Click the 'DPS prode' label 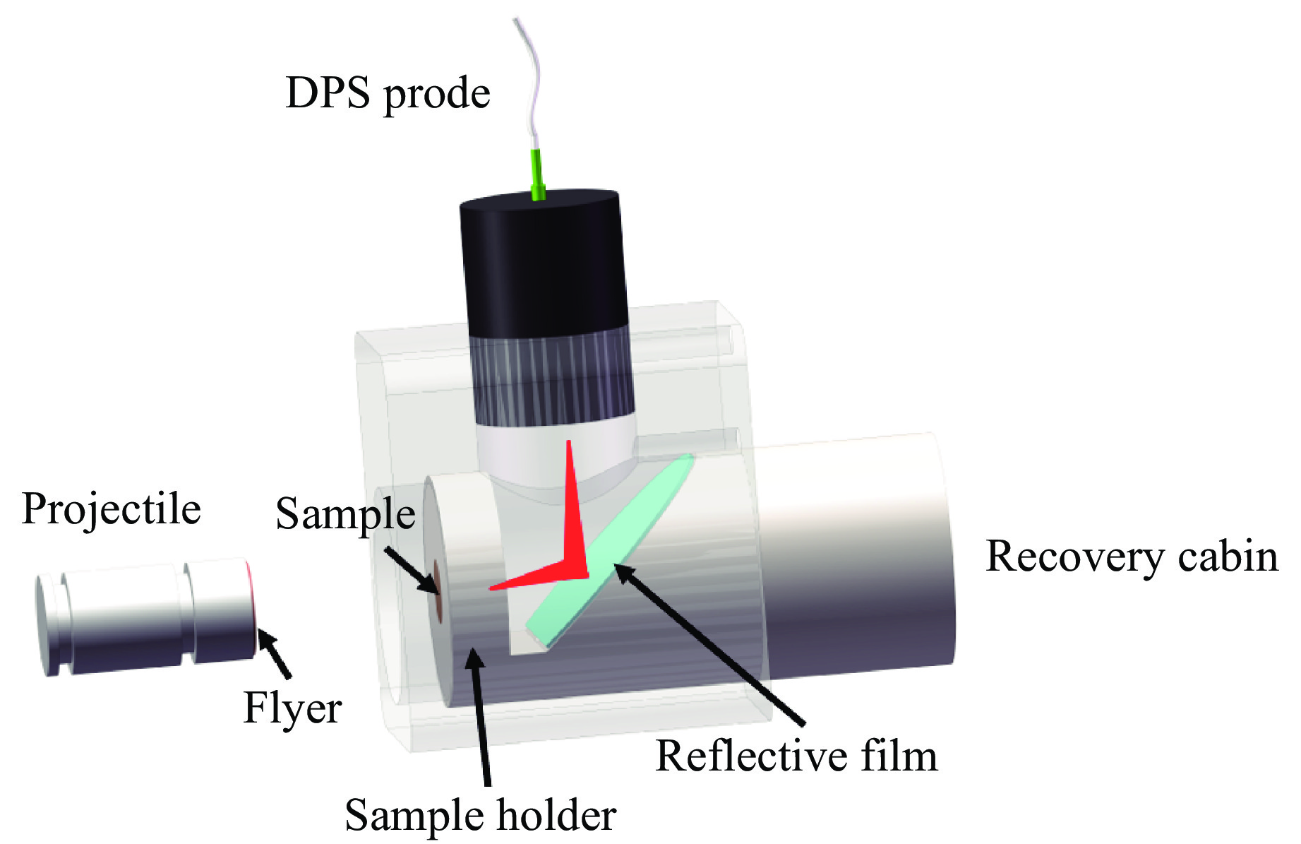[x=388, y=94]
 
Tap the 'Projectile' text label [x=112, y=509]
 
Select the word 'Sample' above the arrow [x=345, y=513]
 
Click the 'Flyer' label [x=292, y=708]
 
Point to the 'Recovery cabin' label [x=1131, y=557]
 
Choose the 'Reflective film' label [x=796, y=756]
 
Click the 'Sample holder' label [x=480, y=816]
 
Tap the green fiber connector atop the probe [x=537, y=173]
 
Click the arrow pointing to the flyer [x=275, y=653]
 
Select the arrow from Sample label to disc [x=411, y=569]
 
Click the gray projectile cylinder [x=141, y=614]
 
